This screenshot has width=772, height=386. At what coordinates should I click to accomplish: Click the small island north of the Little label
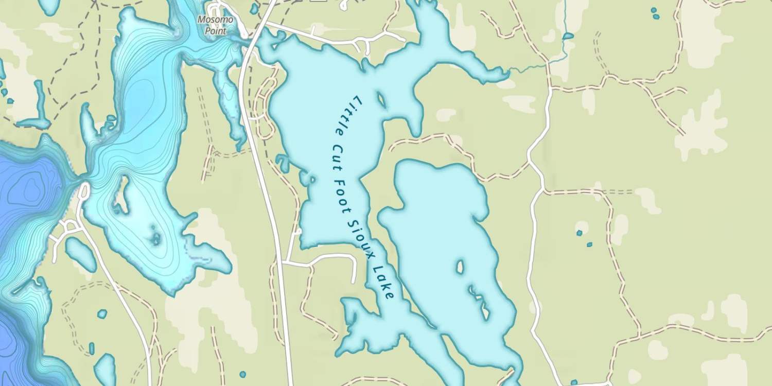click(x=381, y=99)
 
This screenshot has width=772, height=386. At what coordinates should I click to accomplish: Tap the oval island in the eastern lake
click(x=460, y=267)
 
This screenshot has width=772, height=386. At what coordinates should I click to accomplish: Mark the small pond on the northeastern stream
click(x=568, y=36)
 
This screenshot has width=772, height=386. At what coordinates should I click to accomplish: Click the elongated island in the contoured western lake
click(x=122, y=195)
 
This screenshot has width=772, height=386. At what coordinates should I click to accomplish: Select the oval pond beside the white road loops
click(x=80, y=254)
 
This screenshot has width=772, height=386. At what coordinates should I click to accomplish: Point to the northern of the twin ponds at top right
click(x=654, y=10)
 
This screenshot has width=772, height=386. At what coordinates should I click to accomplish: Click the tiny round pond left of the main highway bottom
click(x=242, y=374)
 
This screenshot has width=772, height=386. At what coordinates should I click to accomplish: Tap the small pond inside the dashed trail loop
click(x=102, y=314)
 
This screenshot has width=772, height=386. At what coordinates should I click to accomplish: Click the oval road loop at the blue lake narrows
click(x=83, y=190)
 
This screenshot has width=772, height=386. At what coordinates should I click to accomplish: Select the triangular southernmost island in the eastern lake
click(x=485, y=311)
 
